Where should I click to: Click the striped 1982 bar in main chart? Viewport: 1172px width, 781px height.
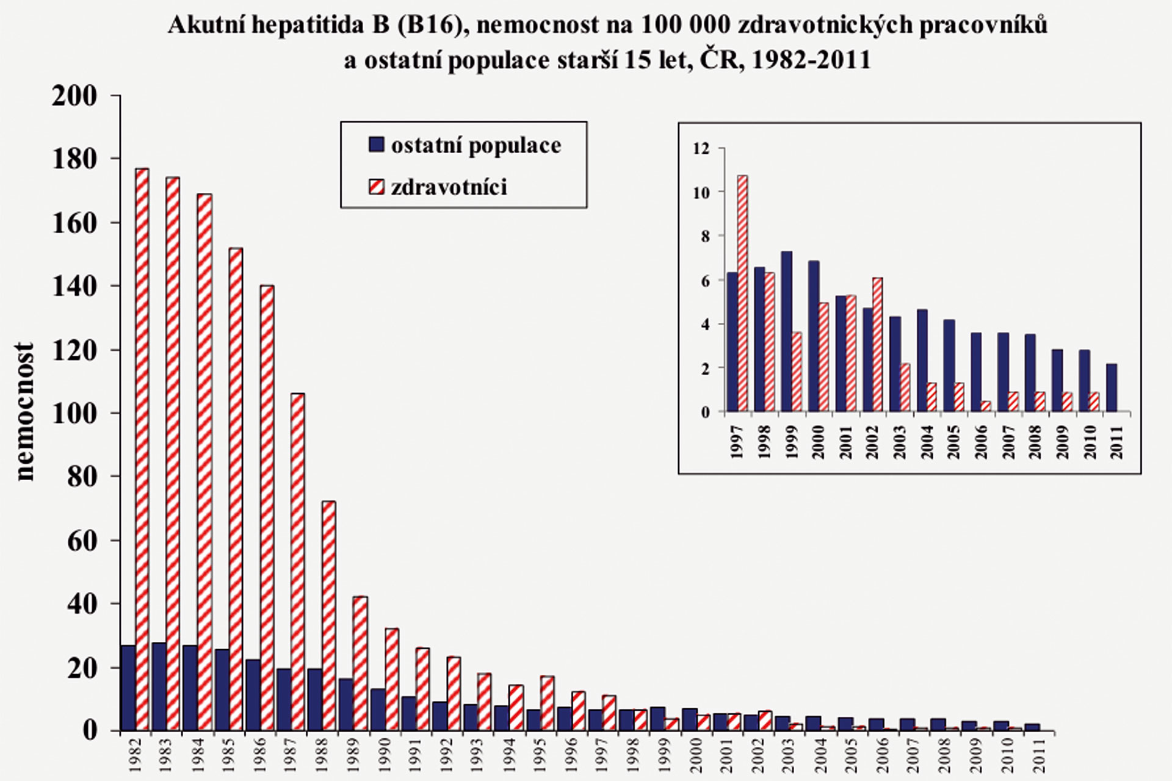pos(142,448)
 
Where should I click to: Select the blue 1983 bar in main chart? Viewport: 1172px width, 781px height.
pos(159,686)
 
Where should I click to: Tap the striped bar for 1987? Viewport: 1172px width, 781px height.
pos(297,561)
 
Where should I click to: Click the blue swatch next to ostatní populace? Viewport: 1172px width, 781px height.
pos(377,145)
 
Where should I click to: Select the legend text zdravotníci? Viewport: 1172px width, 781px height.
pos(449,187)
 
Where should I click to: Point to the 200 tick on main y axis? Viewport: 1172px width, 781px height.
pos(74,96)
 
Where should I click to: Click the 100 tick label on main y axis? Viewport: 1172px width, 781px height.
pos(74,413)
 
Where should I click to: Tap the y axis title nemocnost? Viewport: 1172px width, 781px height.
pos(25,412)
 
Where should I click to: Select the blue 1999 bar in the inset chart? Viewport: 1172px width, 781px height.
pos(787,331)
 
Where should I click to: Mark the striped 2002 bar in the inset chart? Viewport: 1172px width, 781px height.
pos(877,345)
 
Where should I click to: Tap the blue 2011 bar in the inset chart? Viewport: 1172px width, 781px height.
pos(1112,388)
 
